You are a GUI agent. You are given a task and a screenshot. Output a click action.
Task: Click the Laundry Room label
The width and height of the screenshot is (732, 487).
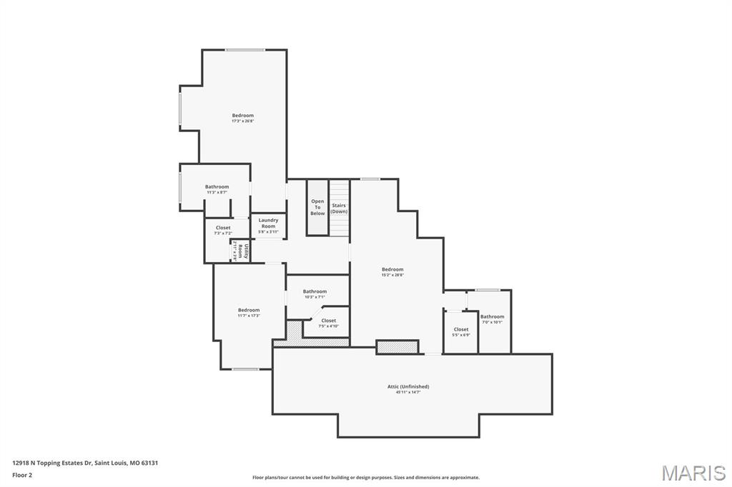tap(268, 224)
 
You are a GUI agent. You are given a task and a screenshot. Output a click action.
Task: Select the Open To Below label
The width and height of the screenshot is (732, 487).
tap(317, 207)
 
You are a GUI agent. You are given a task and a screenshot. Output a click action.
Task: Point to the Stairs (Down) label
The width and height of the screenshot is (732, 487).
tap(339, 209)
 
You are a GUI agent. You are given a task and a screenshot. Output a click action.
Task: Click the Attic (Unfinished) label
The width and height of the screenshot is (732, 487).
tap(408, 386)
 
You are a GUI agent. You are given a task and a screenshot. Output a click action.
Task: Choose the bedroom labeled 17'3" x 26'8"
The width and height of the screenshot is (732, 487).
tap(242, 118)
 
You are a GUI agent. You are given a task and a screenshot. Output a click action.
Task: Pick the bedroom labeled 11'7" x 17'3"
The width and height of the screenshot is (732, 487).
tap(249, 312)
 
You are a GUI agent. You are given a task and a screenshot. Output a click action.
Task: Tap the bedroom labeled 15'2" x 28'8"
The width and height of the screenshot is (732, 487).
tap(392, 271)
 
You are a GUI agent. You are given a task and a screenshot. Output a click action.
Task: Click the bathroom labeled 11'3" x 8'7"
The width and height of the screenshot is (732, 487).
tap(217, 189)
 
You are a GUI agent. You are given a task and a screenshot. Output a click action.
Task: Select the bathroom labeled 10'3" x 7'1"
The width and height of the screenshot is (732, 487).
tap(315, 293)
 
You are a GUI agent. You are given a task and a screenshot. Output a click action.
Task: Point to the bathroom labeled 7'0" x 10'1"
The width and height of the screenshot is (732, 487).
tap(492, 318)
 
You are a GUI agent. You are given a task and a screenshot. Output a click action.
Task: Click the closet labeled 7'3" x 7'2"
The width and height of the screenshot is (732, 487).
tap(223, 230)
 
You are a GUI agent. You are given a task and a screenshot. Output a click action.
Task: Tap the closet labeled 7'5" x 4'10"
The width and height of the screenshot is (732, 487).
tap(328, 323)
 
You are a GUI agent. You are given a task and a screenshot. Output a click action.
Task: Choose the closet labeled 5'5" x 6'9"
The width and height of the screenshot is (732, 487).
tap(461, 331)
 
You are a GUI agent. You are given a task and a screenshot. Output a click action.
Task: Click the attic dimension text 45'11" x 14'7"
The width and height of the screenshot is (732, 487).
tap(408, 392)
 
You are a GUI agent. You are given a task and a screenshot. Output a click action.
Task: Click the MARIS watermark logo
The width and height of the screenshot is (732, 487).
tap(693, 473)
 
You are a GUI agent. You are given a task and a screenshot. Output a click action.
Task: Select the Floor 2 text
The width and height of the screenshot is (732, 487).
tap(22, 474)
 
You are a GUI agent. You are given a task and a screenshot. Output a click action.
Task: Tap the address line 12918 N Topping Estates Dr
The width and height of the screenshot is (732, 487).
tap(85, 463)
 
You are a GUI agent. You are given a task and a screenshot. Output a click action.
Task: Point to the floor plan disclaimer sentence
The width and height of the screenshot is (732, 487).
tap(365, 477)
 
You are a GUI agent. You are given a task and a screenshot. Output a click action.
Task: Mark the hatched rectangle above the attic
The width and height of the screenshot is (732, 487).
tap(397, 347)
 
